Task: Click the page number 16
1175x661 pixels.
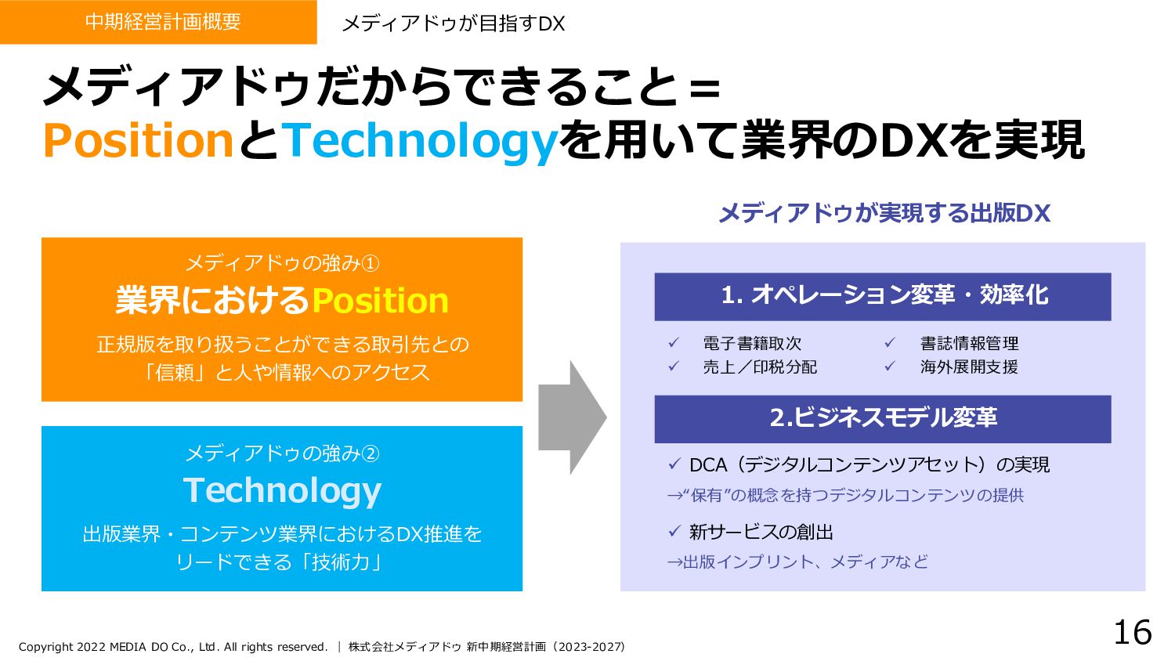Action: pyautogui.click(x=1133, y=633)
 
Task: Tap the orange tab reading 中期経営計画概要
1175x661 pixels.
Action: pyautogui.click(x=163, y=22)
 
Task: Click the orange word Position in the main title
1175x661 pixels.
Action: pyautogui.click(x=138, y=141)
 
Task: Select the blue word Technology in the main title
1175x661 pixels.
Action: pyautogui.click(x=420, y=141)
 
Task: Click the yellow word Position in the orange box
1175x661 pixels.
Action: pyautogui.click(x=380, y=301)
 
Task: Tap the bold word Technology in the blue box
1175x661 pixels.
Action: pyautogui.click(x=282, y=490)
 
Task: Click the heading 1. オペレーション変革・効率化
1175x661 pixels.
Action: pyautogui.click(x=884, y=295)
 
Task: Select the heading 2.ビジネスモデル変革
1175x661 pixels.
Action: pyautogui.click(x=883, y=417)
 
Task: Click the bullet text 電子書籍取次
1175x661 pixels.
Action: pyautogui.click(x=752, y=343)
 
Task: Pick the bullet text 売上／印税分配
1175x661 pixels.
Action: pyautogui.click(x=759, y=367)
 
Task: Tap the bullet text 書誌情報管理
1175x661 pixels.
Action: pyautogui.click(x=969, y=343)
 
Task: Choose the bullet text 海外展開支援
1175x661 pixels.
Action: pyautogui.click(x=969, y=367)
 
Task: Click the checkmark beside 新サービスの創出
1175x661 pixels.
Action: pyautogui.click(x=674, y=532)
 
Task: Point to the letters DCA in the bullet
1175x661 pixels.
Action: pyautogui.click(x=708, y=465)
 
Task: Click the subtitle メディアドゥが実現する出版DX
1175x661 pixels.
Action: pyautogui.click(x=884, y=213)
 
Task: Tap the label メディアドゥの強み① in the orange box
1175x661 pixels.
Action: pyautogui.click(x=282, y=263)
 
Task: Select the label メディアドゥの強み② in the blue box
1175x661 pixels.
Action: pyautogui.click(x=282, y=453)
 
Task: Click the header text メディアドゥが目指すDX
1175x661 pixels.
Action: pyautogui.click(x=453, y=23)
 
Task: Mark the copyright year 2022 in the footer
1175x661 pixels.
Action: pyautogui.click(x=92, y=647)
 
